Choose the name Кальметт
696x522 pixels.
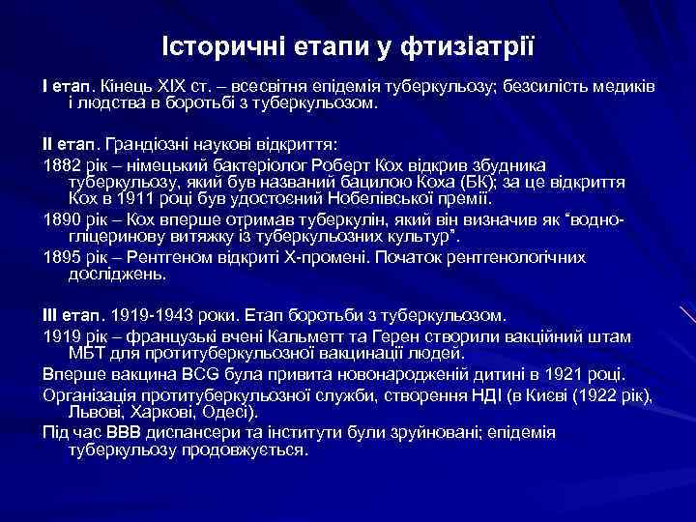point(307,336)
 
